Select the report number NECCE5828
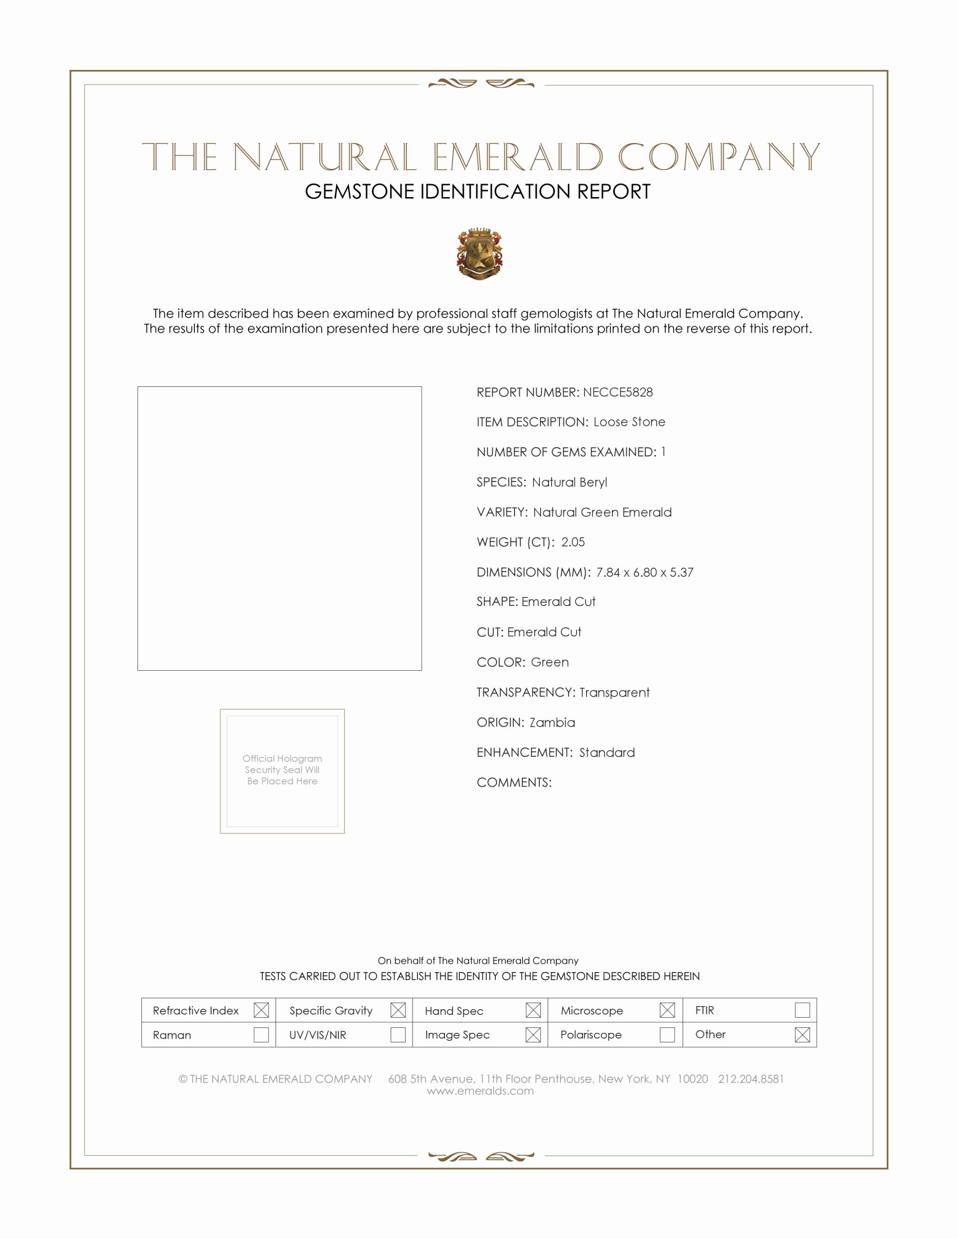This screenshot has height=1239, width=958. point(618,392)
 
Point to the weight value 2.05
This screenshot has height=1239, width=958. point(573,542)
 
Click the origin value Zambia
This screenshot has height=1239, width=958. point(552,722)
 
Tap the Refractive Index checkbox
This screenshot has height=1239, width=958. point(261,1010)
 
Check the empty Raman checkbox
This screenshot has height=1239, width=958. point(261,1034)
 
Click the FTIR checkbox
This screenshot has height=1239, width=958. point(802,1010)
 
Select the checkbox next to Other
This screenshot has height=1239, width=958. point(802,1034)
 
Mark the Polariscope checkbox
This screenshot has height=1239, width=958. point(667,1034)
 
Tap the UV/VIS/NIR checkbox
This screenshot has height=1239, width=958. point(398,1034)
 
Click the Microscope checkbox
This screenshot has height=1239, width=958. point(667,1010)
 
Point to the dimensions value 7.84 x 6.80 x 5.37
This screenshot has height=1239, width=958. point(644,572)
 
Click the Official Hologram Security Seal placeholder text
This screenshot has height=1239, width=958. point(282,769)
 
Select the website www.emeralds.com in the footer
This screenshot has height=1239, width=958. point(480,1090)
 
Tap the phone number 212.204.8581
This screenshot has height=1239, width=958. point(750,1078)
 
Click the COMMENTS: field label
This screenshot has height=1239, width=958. point(513,782)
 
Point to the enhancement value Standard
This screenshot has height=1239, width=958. point(607,752)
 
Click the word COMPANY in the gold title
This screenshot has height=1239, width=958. point(718,157)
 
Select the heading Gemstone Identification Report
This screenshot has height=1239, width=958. point(477,191)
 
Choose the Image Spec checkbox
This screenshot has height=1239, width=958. point(533,1034)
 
